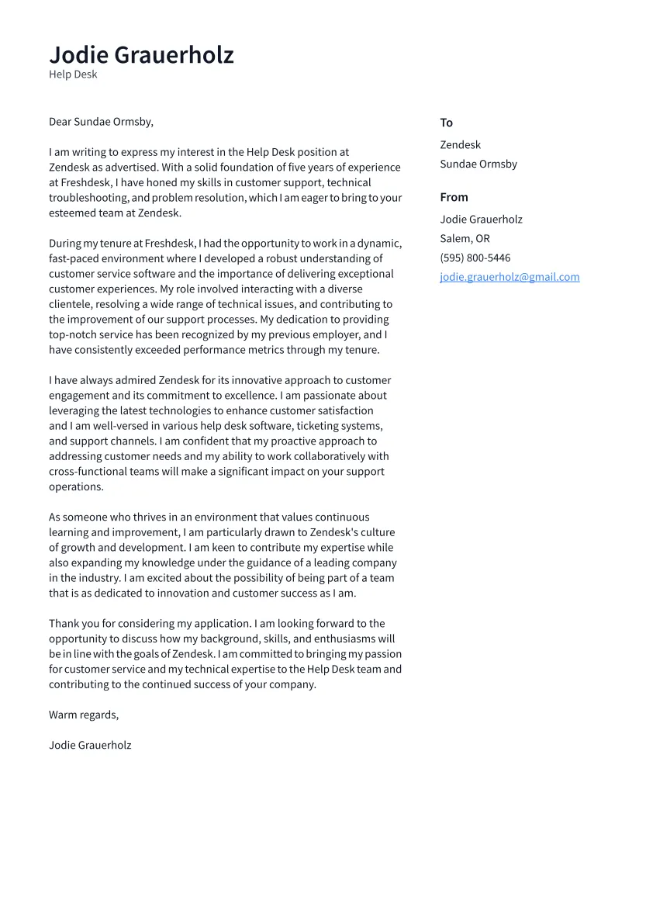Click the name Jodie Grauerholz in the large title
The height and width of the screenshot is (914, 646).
coord(141,55)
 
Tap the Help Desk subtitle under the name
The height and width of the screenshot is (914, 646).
coord(73,74)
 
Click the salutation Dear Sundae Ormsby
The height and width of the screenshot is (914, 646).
coord(101,122)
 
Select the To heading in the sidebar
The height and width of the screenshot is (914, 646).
coord(446,123)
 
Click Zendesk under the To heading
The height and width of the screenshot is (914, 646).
coord(460,145)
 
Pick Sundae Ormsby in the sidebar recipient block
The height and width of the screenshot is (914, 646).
coord(478,164)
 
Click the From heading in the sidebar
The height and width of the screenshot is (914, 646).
coord(454,197)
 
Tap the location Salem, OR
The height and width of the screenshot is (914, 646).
coord(465,239)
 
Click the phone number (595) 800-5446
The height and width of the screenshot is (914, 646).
coord(475,258)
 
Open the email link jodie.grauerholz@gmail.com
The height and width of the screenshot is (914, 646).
coord(510,277)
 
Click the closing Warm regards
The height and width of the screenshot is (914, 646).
coord(83,715)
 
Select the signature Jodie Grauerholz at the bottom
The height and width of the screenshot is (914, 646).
coord(90,746)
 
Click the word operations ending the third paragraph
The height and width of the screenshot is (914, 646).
coord(75,487)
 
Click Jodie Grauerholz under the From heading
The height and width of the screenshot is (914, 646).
coord(481,220)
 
